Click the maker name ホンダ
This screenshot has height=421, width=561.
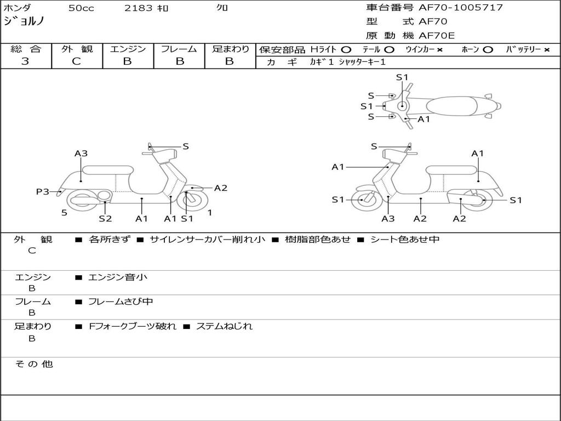coord(18,8)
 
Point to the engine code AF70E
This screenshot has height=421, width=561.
coord(437,36)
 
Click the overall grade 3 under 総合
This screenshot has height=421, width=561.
coord(25,61)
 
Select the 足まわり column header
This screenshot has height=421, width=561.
coord(230,49)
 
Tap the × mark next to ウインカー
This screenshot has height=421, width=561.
coord(439,50)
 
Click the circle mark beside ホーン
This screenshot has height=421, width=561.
coord(488,50)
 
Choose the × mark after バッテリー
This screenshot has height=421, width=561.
coord(546,50)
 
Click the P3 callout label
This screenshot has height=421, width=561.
coord(43,192)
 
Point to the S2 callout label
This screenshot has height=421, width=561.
coord(105,219)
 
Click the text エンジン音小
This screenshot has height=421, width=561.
coord(118,277)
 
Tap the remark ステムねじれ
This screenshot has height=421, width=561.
coord(224,326)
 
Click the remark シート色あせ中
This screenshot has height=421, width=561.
coord(405,240)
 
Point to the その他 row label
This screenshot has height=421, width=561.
coord(33,364)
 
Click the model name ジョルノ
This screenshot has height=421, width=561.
coord(24,22)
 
